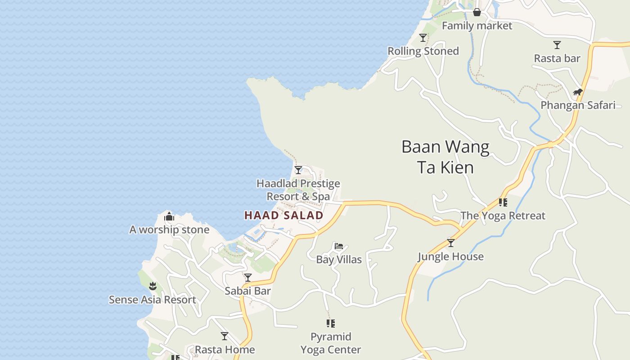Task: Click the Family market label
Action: point(477,26)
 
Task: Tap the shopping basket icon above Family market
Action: point(477,12)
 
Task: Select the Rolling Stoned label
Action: point(423,51)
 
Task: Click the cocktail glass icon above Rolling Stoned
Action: point(423,37)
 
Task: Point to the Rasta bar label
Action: point(557,58)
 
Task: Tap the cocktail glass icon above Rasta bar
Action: point(557,45)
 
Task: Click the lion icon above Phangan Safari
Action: point(578,92)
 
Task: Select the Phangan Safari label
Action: point(578,105)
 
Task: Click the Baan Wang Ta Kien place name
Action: point(445,157)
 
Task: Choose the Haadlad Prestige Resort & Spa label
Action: point(298,190)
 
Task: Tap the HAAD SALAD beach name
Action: point(283,216)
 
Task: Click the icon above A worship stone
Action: point(169,217)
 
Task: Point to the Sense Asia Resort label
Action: point(153,300)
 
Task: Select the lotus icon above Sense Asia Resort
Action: point(153,286)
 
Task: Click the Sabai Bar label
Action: point(247,291)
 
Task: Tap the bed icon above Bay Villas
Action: point(339,246)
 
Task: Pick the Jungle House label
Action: point(450,256)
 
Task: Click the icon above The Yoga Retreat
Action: point(503,202)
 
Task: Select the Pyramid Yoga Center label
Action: point(331,343)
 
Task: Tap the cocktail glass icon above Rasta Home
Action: point(225,336)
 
